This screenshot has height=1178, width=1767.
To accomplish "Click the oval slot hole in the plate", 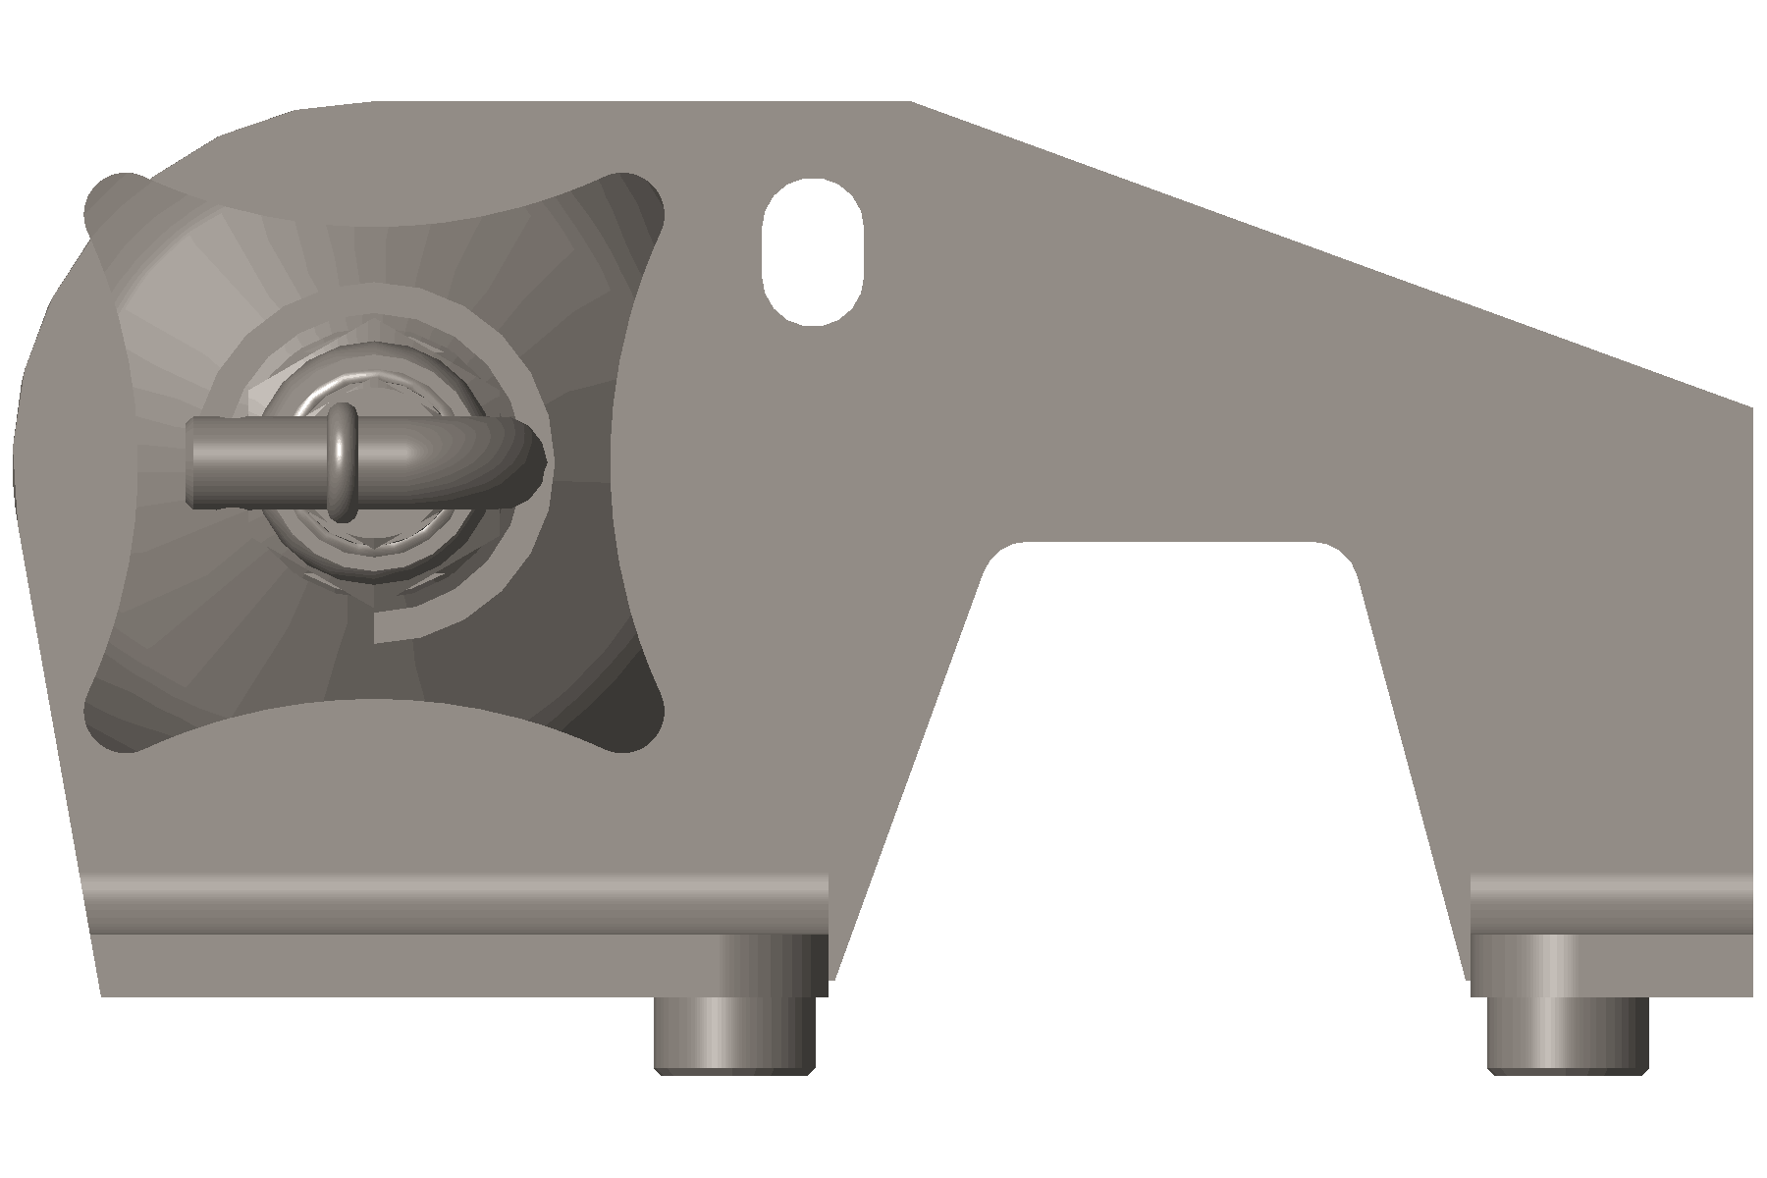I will pyautogui.click(x=812, y=251).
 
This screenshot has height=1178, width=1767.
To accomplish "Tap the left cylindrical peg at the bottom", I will pyautogui.click(x=734, y=1035).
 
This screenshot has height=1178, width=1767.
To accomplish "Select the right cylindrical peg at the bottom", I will pyautogui.click(x=1568, y=1035).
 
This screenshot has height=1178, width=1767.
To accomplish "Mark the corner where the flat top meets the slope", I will pyautogui.click(x=911, y=102).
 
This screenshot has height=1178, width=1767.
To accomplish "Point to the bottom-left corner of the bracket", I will pyautogui.click(x=102, y=994).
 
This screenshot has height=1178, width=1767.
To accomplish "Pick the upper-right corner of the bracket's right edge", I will pyautogui.click(x=1751, y=405).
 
